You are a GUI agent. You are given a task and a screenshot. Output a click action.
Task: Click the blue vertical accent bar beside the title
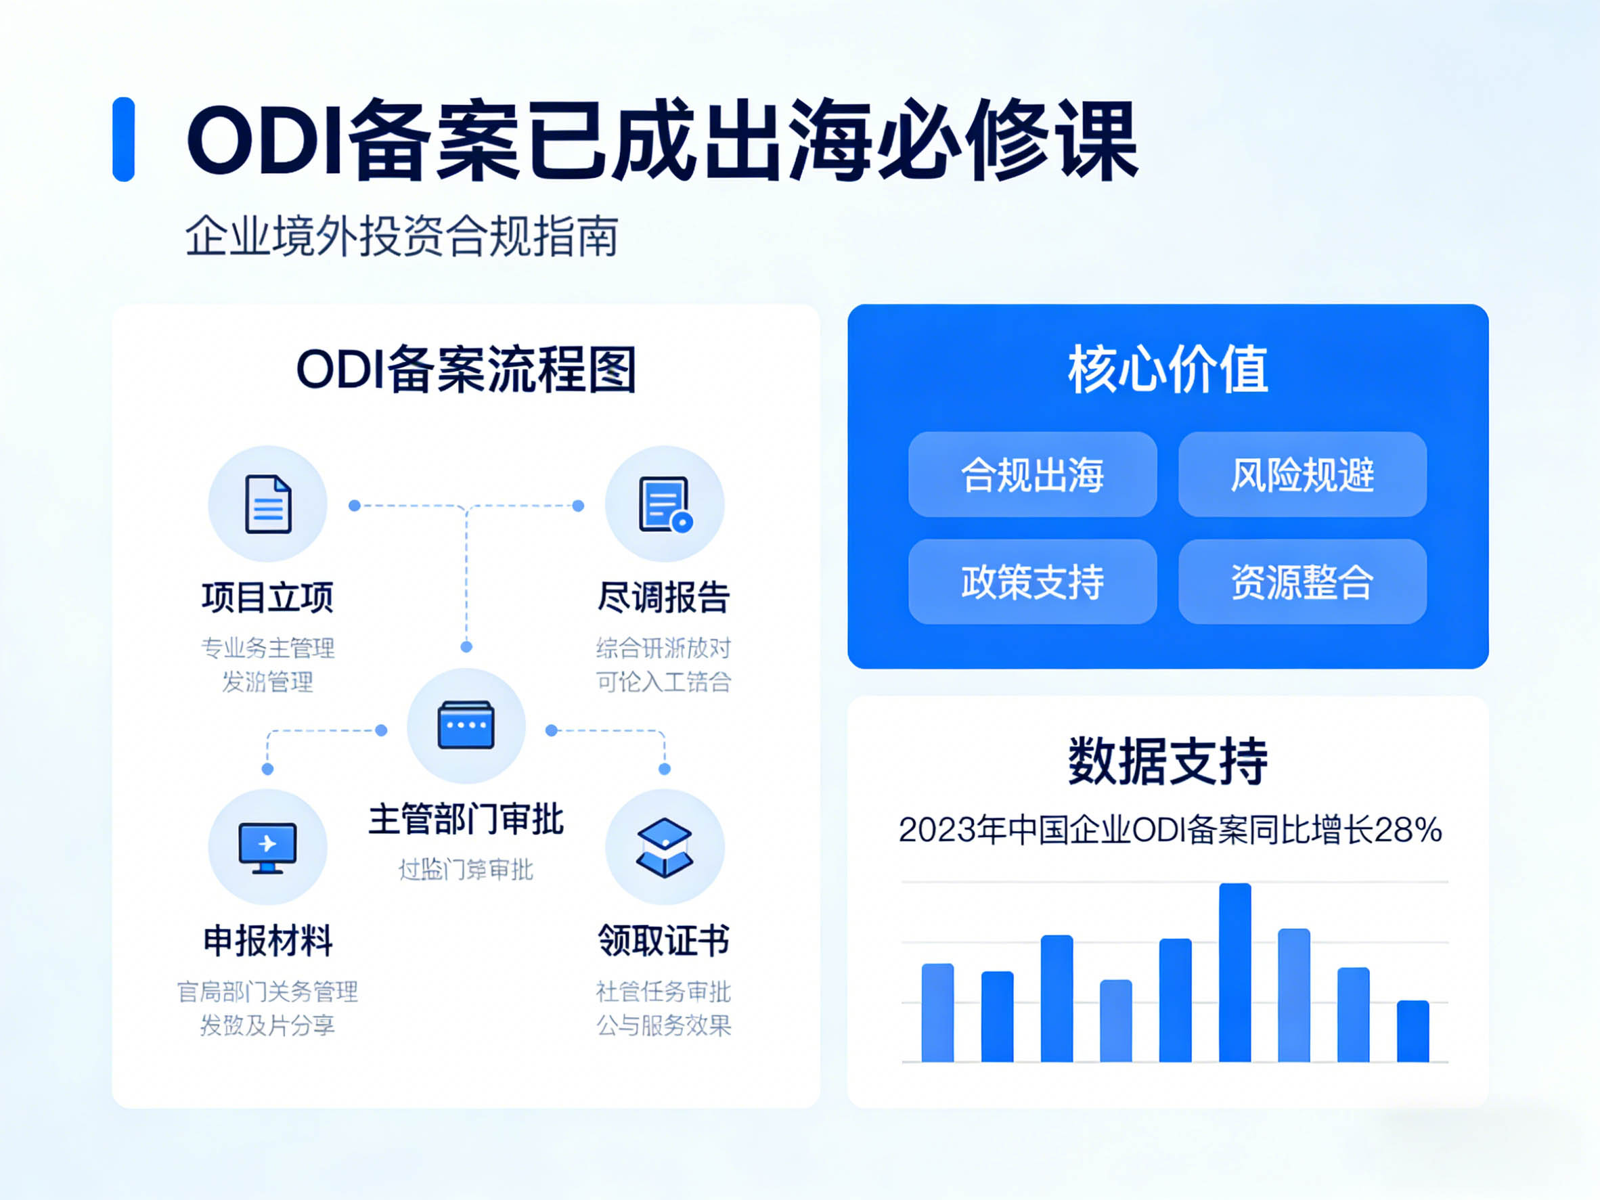click(124, 139)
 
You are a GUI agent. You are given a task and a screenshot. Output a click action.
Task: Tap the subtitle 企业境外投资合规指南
click(401, 236)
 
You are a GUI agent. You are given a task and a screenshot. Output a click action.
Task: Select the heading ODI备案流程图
click(466, 370)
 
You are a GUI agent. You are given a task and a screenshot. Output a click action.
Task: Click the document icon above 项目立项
click(267, 504)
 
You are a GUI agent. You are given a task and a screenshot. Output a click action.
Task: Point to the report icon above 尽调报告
click(665, 504)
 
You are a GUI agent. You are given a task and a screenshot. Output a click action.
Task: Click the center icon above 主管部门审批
click(466, 725)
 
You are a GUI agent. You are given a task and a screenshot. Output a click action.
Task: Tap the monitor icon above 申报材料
click(267, 846)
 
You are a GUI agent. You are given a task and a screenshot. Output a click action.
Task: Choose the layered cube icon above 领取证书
click(665, 847)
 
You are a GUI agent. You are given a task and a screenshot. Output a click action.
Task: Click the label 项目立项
click(267, 598)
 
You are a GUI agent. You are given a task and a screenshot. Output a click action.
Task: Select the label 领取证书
click(663, 940)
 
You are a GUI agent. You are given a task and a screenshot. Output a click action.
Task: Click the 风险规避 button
click(1302, 474)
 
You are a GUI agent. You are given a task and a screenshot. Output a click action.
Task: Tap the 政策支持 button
click(1032, 581)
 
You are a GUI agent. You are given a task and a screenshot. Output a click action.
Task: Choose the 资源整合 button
click(1302, 581)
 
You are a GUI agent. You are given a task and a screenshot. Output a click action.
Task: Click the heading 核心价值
click(1168, 370)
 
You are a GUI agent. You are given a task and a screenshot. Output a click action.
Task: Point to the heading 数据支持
click(1168, 761)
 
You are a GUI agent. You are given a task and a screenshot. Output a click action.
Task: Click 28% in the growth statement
click(1408, 830)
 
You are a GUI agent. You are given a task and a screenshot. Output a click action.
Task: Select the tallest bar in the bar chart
click(1235, 972)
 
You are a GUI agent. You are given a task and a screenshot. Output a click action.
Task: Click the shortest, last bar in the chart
click(1413, 1031)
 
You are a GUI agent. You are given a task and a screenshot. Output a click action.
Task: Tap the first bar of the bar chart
click(937, 1013)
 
